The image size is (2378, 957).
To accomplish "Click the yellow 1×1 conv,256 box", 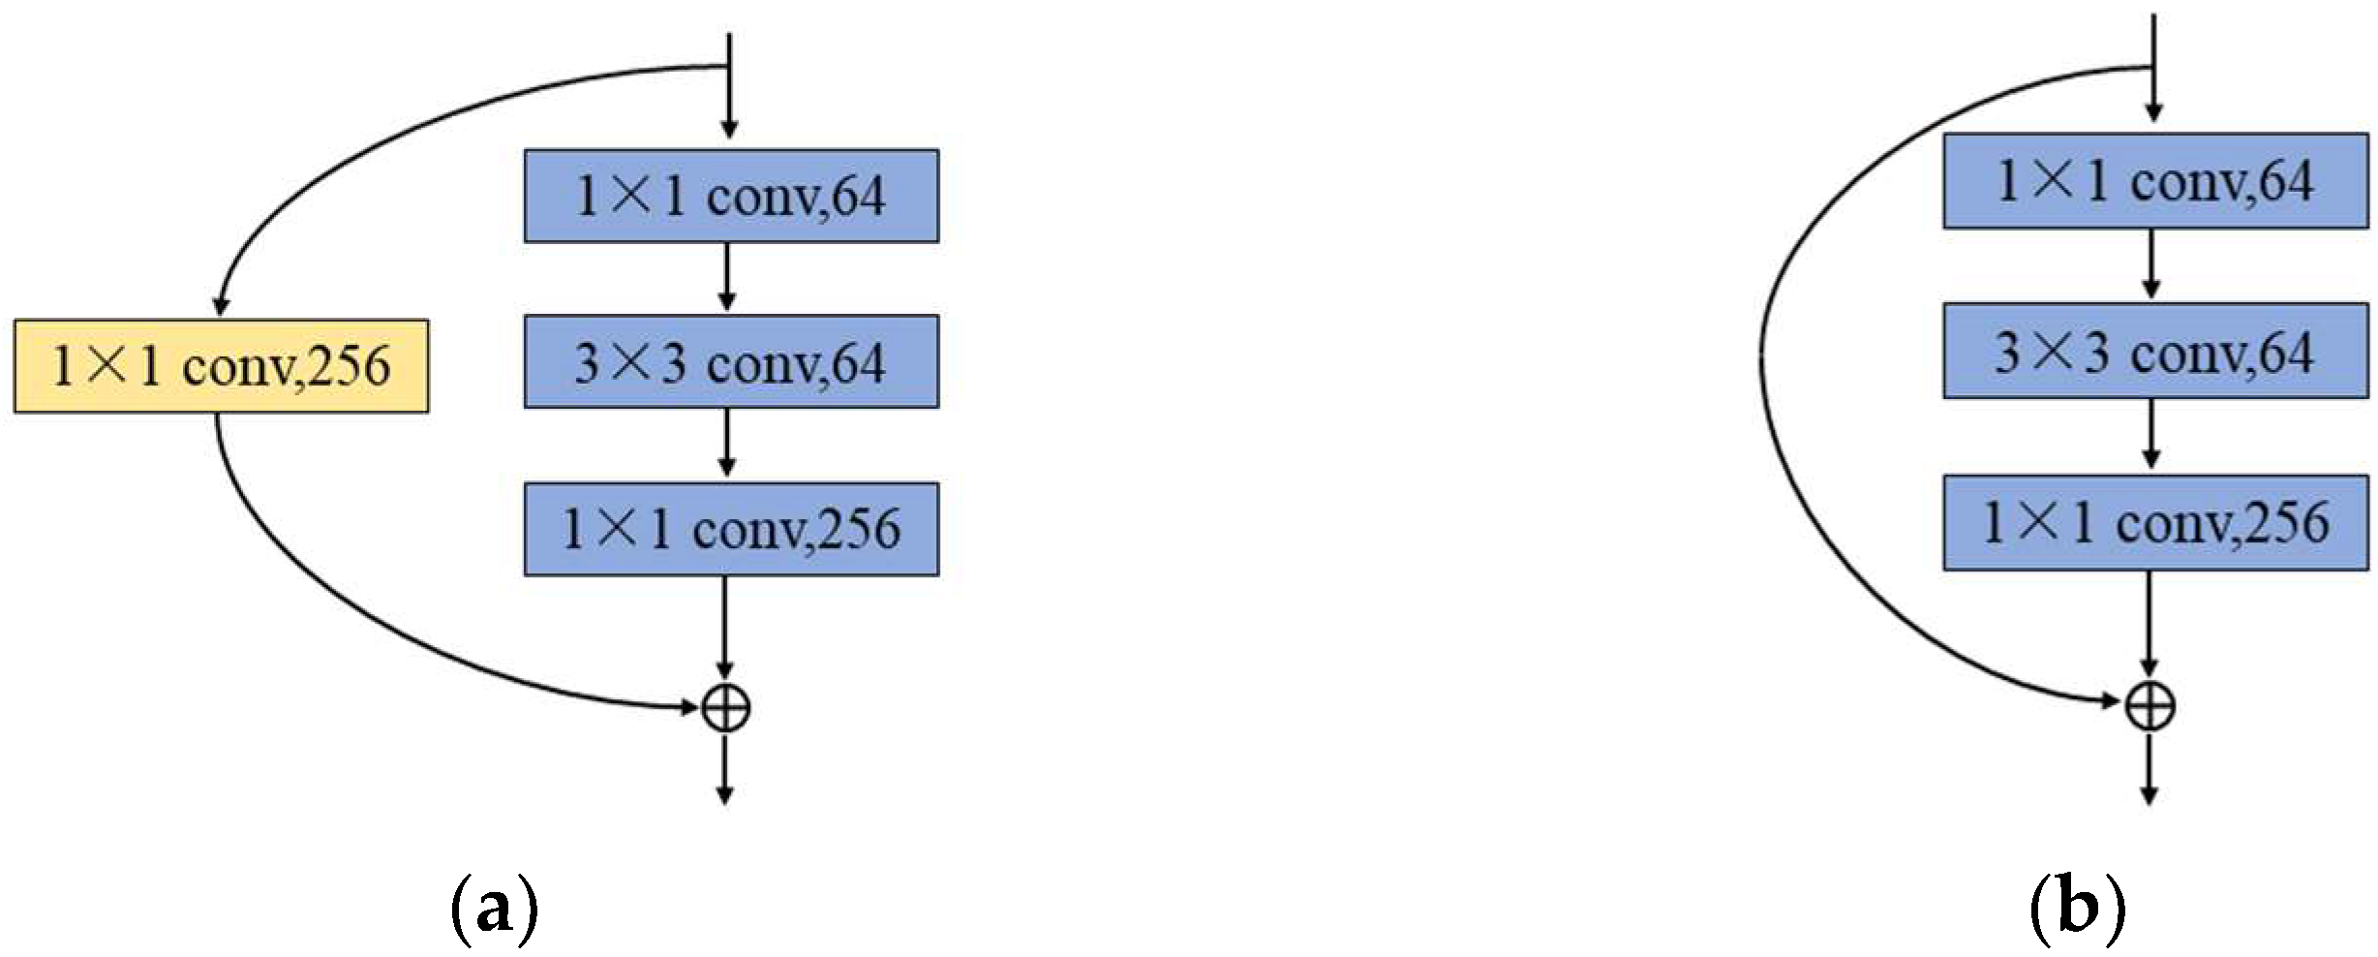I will tap(221, 366).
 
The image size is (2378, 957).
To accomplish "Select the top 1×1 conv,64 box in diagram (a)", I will tap(731, 196).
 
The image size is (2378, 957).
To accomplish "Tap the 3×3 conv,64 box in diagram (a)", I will tap(731, 362).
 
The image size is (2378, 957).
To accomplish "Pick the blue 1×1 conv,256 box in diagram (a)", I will tap(731, 529).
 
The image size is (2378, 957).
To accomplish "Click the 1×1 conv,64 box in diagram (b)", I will tap(2155, 181).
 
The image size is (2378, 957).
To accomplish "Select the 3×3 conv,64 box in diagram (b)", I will tap(2155, 352).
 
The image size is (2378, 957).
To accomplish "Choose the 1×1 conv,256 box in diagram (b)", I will tap(2155, 523).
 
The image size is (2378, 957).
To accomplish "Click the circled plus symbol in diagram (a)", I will tap(725, 709).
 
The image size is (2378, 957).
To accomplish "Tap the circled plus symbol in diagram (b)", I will tap(2149, 705).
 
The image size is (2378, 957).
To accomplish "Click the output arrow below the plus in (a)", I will tap(724, 770).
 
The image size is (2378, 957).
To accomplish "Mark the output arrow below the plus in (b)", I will tap(2149, 770).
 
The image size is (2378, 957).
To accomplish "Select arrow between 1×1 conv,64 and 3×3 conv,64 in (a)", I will tap(727, 278).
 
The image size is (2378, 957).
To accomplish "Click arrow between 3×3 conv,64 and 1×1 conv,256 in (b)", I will tap(2151, 435).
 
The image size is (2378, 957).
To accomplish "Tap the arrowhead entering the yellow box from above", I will tap(221, 306).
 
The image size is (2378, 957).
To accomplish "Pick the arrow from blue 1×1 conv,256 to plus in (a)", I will tap(725, 630).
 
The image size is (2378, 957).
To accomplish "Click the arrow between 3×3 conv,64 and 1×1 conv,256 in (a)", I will tap(727, 444).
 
